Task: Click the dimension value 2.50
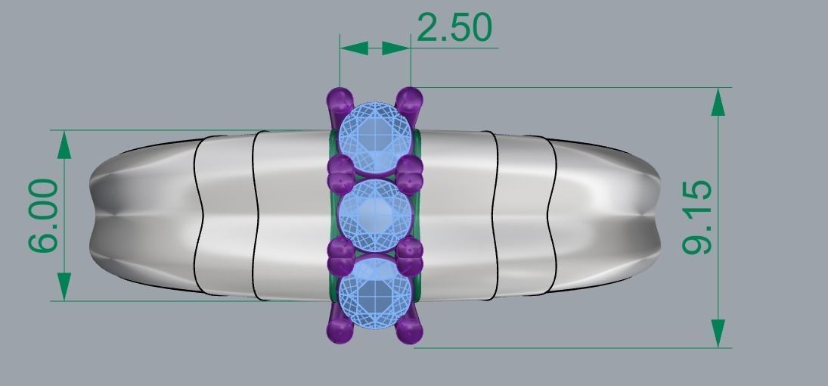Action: [x=454, y=28]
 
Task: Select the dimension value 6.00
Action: [x=42, y=215]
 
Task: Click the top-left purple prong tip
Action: [x=340, y=99]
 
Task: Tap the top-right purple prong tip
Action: [x=409, y=99]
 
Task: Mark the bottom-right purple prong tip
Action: [x=409, y=331]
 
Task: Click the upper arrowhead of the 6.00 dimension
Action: [x=64, y=144]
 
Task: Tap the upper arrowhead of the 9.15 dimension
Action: [x=718, y=102]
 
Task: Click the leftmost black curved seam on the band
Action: [x=200, y=216]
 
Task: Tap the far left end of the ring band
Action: [x=92, y=216]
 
